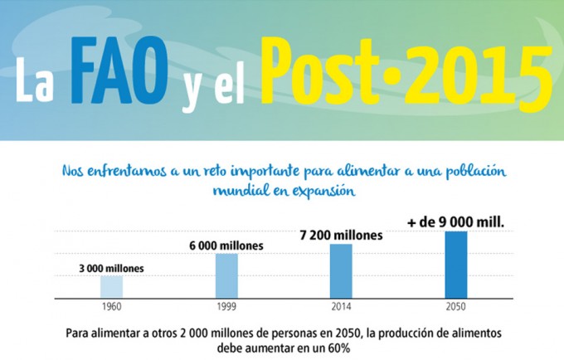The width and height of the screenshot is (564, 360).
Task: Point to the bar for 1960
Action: (x=111, y=286)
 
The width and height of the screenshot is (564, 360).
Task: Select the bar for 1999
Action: (x=226, y=275)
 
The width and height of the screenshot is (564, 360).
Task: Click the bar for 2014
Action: (x=341, y=270)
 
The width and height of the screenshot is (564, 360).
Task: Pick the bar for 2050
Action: (x=455, y=264)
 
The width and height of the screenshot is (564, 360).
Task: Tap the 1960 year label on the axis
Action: (x=111, y=305)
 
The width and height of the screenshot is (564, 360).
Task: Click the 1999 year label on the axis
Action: (x=226, y=305)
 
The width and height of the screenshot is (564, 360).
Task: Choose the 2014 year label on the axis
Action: (x=341, y=305)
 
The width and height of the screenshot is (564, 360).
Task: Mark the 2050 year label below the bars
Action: (x=455, y=305)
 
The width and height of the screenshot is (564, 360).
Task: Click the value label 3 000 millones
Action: (x=111, y=268)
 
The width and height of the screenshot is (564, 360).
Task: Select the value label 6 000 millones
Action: (x=226, y=246)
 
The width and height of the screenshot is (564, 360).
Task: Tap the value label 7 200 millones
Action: (x=341, y=236)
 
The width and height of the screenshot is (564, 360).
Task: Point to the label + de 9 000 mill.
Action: (x=455, y=221)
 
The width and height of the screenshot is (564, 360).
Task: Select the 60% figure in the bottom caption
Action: (x=338, y=349)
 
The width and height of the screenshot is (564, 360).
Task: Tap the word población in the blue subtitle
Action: (x=473, y=171)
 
